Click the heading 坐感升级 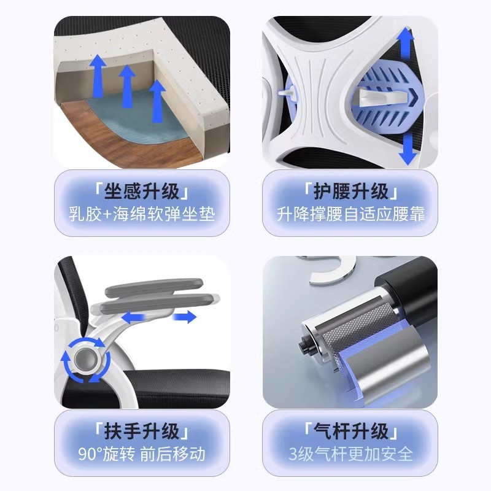coord(142,191)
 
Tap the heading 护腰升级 coord(350,191)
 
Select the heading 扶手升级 coord(142,431)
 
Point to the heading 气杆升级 coord(350,431)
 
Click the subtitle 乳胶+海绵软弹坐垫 coord(142,214)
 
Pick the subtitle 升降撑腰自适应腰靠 coord(350,214)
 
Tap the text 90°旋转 coord(106,454)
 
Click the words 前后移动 coord(172,454)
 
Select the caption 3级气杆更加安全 coord(350,454)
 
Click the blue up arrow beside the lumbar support coord(406,43)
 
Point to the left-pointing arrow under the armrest coord(134,318)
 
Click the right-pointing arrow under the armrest coord(185,317)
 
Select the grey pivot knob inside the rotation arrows coord(85,360)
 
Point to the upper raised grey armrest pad coord(153,287)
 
